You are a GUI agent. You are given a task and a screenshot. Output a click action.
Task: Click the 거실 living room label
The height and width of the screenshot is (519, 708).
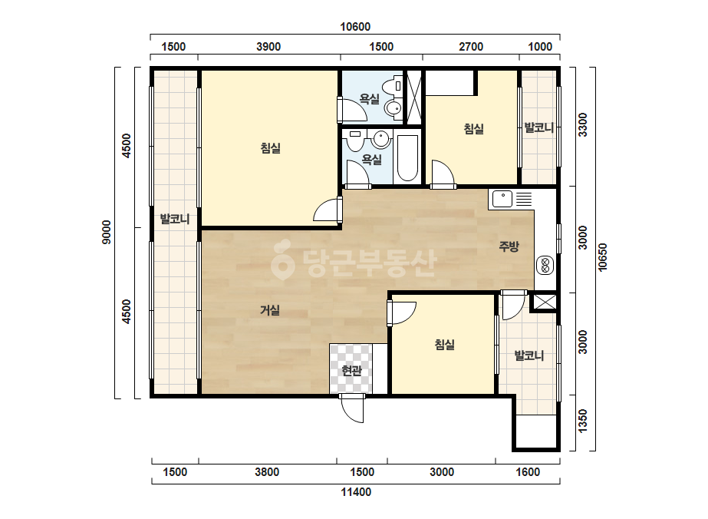tap(270, 310)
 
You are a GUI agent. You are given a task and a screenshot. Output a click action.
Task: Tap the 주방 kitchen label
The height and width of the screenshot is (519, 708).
tap(509, 246)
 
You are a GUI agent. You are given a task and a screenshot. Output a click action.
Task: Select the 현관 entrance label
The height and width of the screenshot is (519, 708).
tap(352, 371)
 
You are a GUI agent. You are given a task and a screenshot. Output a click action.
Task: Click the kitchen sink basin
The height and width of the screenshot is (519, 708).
tap(502, 199)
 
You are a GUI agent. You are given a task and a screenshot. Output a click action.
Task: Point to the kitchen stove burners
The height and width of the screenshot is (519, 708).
tap(545, 266)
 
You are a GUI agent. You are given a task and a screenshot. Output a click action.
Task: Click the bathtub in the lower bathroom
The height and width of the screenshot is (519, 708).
tap(407, 157)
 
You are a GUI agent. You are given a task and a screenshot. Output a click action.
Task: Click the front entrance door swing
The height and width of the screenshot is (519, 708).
tap(352, 408)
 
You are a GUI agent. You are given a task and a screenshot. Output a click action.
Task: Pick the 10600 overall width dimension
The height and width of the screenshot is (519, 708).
tap(355, 27)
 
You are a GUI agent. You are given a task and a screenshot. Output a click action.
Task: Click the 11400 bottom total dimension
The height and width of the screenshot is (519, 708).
tap(356, 492)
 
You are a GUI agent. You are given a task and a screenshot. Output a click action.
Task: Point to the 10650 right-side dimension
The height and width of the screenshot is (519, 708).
tap(603, 258)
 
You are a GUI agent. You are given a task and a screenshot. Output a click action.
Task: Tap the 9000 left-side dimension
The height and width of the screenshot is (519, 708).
tap(107, 232)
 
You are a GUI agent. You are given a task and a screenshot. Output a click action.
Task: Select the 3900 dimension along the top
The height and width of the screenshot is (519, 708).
tap(268, 47)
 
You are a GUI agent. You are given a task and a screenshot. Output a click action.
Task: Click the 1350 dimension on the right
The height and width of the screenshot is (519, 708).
tap(583, 421)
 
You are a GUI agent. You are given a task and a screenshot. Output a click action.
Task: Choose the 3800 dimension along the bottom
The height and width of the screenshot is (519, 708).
tap(267, 472)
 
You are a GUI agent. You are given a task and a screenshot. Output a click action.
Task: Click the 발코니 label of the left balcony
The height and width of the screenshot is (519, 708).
tap(175, 220)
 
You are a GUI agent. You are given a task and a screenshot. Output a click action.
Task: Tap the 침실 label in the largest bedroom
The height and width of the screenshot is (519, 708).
tap(271, 148)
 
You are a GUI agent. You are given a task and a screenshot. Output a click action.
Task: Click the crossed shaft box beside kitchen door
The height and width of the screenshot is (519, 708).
tap(544, 302)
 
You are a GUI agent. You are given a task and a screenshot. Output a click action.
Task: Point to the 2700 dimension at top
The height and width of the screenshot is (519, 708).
tap(471, 47)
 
